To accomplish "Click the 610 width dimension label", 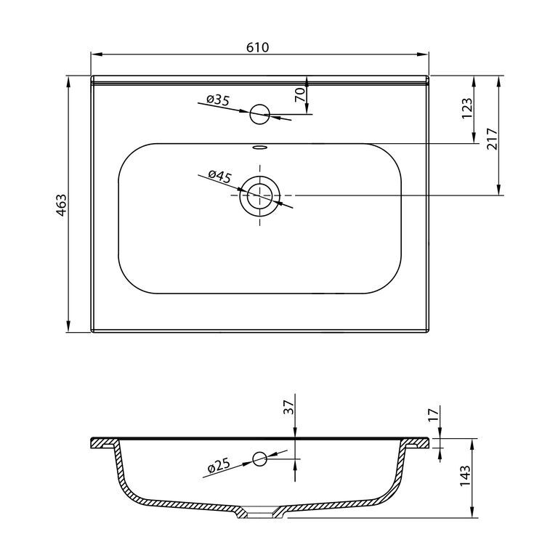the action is click(258, 47).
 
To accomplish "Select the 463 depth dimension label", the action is click(61, 206).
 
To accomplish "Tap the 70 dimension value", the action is click(299, 94).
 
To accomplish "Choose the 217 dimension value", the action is click(491, 139).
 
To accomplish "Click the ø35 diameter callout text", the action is click(217, 100).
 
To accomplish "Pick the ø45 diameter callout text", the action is click(220, 176).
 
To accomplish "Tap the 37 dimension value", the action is click(288, 407).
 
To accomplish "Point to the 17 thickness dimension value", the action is click(433, 415).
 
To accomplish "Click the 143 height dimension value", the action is click(465, 476).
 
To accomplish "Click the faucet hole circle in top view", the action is click(260, 114).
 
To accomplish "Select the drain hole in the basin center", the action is click(260, 195).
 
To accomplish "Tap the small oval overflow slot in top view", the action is click(260, 146).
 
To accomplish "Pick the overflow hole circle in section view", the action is click(260, 458).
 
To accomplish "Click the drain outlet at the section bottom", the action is click(260, 514).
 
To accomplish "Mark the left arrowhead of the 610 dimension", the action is click(97, 54).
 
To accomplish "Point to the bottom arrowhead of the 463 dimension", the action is click(68, 327).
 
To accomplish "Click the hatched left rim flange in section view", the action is click(104, 443).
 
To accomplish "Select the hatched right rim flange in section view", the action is click(416, 443).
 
